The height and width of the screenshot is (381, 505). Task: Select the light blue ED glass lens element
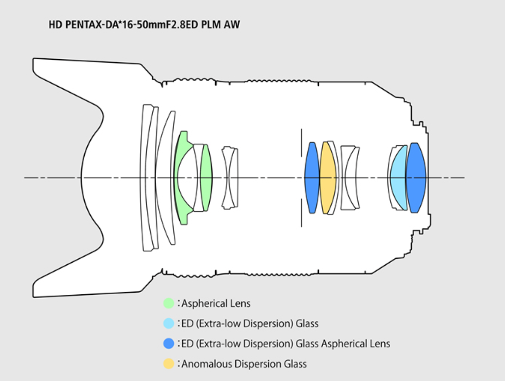click(399, 178)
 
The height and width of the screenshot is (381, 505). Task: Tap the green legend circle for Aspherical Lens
click(169, 303)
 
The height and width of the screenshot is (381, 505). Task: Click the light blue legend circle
click(169, 323)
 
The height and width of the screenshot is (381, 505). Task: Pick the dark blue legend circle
click(169, 343)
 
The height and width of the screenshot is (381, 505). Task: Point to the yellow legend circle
click(169, 364)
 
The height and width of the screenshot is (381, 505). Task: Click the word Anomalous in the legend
click(207, 364)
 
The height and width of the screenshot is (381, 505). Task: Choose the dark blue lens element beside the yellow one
click(312, 178)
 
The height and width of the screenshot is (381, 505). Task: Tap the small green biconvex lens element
click(206, 178)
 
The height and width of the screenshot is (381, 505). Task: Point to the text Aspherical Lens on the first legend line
click(216, 303)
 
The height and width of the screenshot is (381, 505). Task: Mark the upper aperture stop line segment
click(302, 143)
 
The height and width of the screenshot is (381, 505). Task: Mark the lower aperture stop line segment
click(302, 213)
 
